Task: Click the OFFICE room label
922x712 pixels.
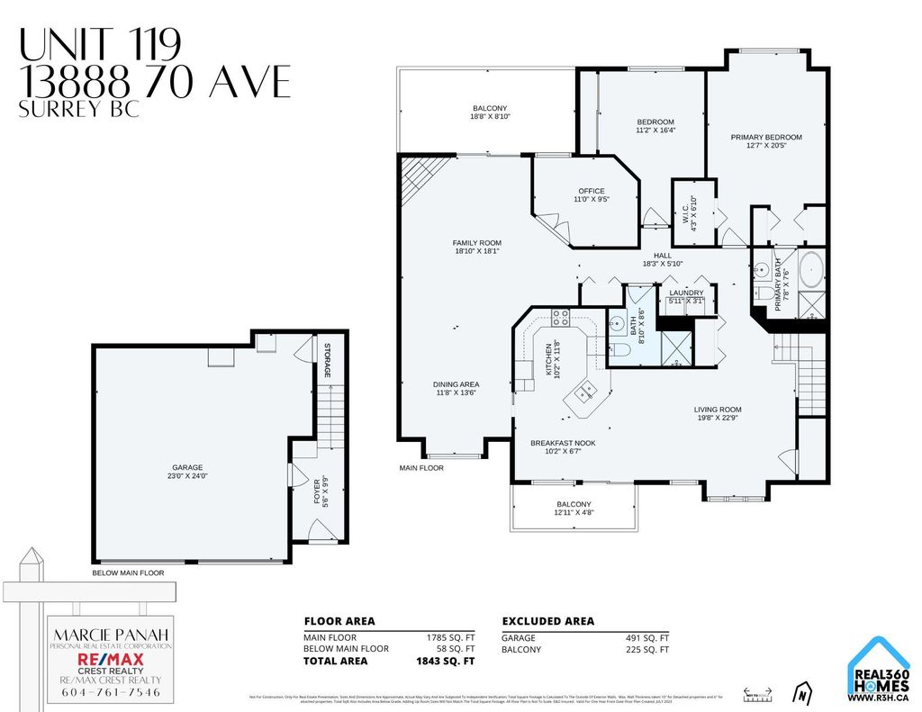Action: [x=592, y=194]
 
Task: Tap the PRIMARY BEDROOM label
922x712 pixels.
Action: [x=765, y=141]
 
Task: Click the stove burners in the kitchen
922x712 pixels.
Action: [x=560, y=317]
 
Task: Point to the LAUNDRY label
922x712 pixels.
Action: [x=686, y=293]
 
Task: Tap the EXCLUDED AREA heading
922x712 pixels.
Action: [x=547, y=621]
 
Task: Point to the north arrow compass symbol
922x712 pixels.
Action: [x=800, y=694]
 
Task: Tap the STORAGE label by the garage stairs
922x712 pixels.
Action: [x=329, y=360]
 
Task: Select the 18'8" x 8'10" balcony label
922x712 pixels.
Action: [x=490, y=113]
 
